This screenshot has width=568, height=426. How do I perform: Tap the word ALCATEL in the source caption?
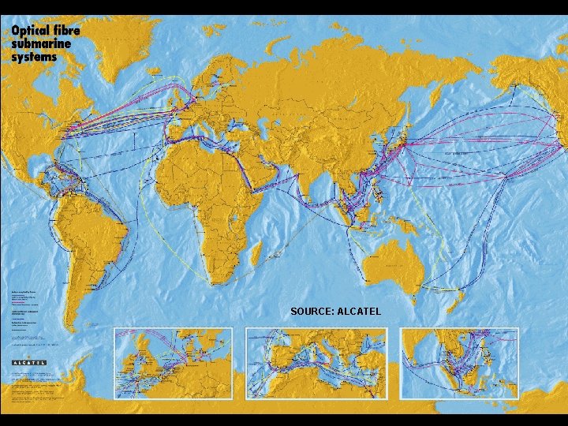pyautogui.click(x=359, y=312)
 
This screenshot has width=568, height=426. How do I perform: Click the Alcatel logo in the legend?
pyautogui.click(x=29, y=363)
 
